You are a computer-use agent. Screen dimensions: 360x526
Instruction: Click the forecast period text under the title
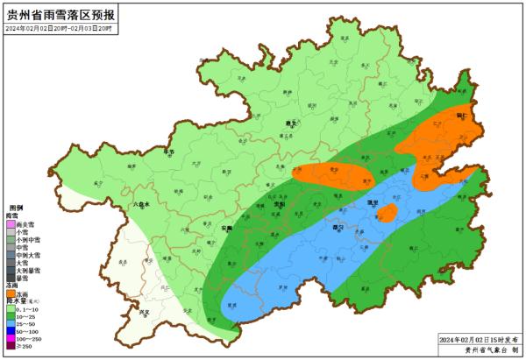coord(60,29)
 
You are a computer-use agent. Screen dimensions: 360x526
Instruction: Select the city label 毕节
coord(169,152)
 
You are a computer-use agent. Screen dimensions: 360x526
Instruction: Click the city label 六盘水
coord(141,203)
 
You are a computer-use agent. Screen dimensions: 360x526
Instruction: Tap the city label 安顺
coord(226,227)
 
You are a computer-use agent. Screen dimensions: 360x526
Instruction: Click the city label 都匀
coord(335,226)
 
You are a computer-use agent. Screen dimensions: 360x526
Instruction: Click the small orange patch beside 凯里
coord(387,213)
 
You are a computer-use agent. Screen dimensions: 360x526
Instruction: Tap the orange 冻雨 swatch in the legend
coord(11,294)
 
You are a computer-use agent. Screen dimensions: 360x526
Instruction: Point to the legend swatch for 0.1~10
coord(11,309)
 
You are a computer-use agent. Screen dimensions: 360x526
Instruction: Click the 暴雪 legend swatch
coord(11,278)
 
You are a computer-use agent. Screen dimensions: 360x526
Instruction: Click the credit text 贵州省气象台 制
coord(481,349)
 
